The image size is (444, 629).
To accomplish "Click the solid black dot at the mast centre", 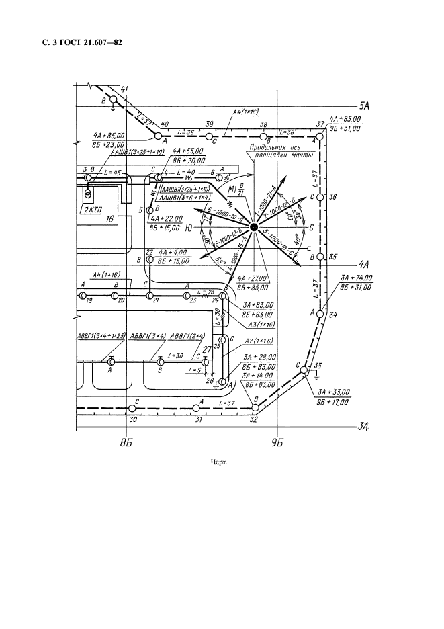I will pos(254,228).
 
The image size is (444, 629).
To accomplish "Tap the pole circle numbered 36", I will pos(321,197).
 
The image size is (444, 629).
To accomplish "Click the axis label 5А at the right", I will pos(365,106).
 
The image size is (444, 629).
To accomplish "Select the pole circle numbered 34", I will pos(321,313).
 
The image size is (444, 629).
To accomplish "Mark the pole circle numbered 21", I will pos(150,296).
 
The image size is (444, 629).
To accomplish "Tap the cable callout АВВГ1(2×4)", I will pos(187,336).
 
